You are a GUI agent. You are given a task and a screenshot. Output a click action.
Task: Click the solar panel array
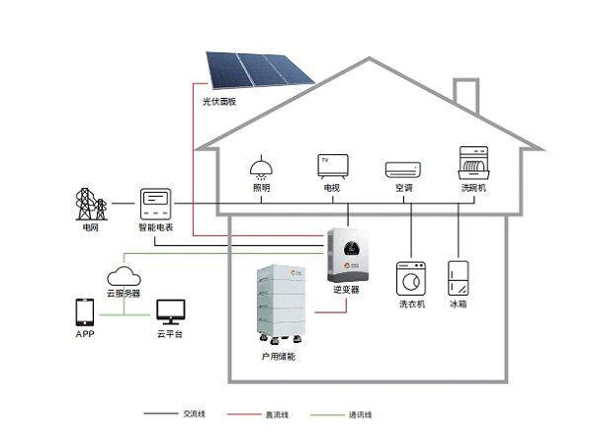pos(260,70)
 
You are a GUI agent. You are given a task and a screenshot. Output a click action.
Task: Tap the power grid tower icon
pos(91,204)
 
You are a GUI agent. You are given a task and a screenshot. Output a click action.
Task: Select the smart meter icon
pos(155,204)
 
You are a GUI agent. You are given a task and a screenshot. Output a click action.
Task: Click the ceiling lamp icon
pos(261,167)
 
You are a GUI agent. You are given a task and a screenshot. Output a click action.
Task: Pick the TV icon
pos(333,166)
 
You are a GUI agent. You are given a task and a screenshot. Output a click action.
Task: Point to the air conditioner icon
pos(403,170)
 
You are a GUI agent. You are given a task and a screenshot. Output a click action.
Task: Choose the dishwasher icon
pos(473,163)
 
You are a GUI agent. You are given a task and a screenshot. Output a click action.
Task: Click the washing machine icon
pos(411,279)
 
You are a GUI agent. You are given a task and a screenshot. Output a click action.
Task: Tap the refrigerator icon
pos(459,278)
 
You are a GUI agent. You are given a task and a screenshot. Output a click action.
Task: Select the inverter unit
pos(348,255)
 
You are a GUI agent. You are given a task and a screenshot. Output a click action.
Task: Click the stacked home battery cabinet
pos(282,304)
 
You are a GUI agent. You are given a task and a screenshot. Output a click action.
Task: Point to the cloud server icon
pos(124,276)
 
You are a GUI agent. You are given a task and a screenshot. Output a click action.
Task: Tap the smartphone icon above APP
pos(85,312)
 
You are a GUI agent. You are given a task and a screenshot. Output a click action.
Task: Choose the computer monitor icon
pos(171,312)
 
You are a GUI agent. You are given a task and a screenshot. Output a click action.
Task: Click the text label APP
pos(85,334)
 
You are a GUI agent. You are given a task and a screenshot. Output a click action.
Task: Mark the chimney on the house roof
pos(466,95)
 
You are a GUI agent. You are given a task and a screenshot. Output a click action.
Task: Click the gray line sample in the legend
pos(161,413)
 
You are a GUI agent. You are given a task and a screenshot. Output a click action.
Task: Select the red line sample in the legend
pos(244,414)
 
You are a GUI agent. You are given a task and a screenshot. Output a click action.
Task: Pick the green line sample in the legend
pos(327,415)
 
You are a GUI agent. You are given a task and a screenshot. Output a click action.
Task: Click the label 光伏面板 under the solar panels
pos(219,102)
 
